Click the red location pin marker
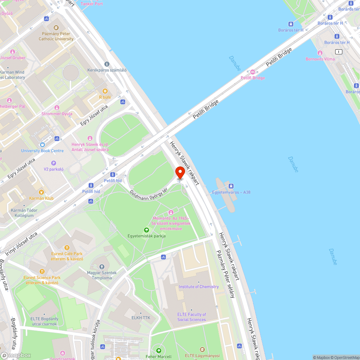pos(180,173)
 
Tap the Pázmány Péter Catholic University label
pos(56,36)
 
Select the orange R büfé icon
pos(105,91)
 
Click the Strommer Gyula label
pos(57,114)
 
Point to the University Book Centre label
pos(42,151)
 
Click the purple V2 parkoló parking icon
pos(54,163)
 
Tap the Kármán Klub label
pos(41,198)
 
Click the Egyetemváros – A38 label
pos(231,192)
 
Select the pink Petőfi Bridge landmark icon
pos(252,72)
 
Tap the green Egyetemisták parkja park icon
pos(147,230)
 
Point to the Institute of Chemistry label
pos(199,287)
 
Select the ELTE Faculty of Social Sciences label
pos(192,317)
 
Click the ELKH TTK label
pos(141,318)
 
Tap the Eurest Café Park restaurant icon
pos(67,248)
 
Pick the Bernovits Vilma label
pos(320,59)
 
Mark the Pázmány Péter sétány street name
pos(225,274)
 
